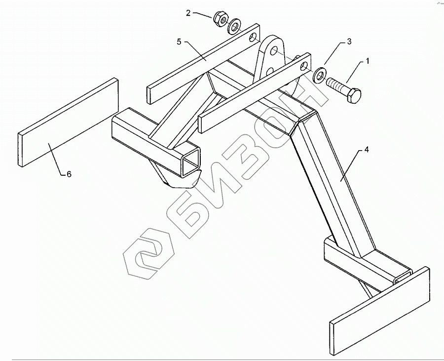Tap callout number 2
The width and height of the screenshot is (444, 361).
click(x=188, y=13)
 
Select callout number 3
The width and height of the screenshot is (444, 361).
click(x=349, y=42)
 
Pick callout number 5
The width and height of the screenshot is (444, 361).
click(x=179, y=42)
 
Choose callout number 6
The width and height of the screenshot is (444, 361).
click(x=69, y=174)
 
